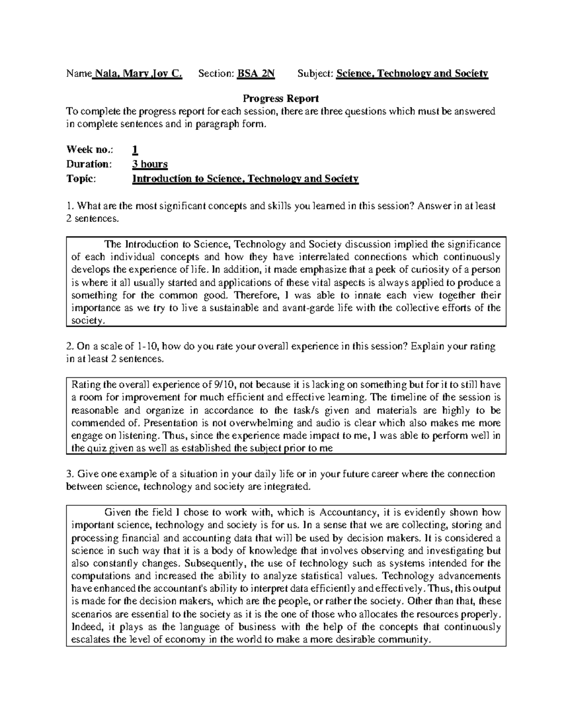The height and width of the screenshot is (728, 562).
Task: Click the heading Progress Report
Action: click(x=281, y=98)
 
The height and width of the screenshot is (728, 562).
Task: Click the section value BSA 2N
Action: click(x=256, y=74)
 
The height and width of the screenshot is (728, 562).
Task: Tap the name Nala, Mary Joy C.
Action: click(x=138, y=74)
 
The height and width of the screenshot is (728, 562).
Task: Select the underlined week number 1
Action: click(x=135, y=150)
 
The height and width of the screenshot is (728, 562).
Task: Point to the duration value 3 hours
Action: click(x=150, y=164)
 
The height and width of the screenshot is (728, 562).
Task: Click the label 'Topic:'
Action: click(x=81, y=179)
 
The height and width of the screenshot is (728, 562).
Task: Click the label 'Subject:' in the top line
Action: click(x=316, y=74)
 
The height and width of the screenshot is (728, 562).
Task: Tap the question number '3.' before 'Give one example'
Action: click(x=70, y=474)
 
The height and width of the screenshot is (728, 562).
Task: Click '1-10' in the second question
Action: click(x=149, y=347)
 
